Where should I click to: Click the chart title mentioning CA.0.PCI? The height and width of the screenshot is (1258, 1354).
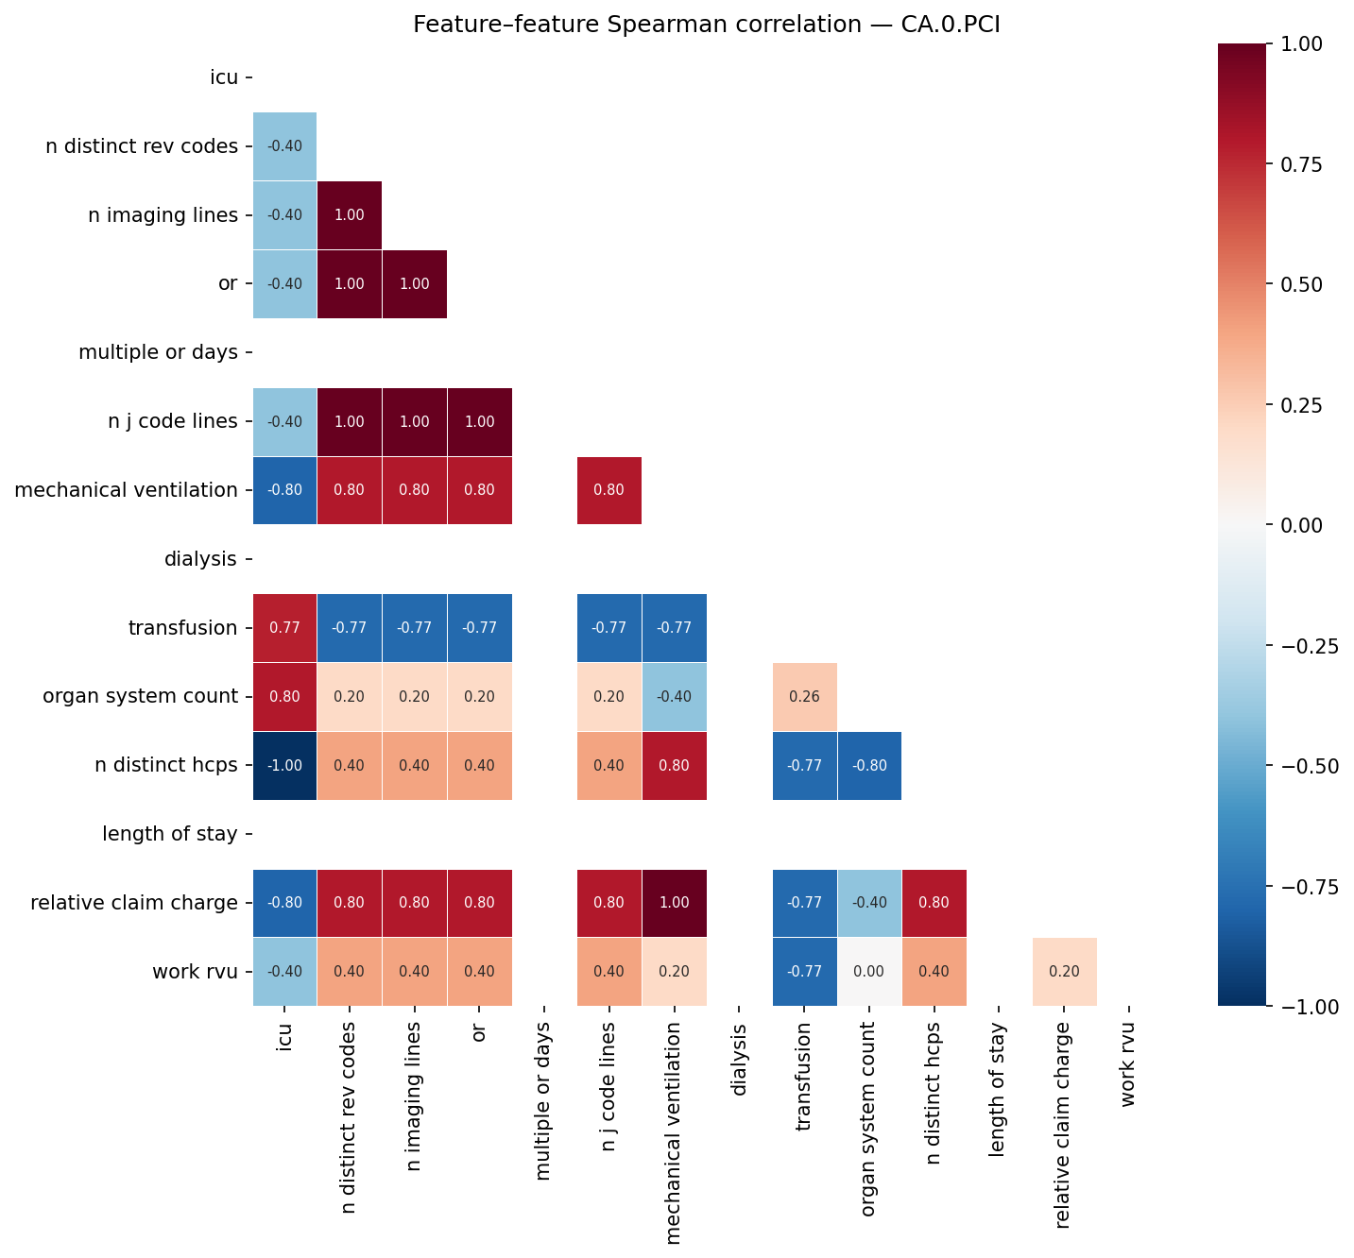706,25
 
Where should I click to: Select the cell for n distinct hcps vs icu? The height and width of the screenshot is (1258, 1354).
284,765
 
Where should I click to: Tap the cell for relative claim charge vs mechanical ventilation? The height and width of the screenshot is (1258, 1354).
675,903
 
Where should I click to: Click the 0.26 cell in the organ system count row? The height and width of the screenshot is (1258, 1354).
804,697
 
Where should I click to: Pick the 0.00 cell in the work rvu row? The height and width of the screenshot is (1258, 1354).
869,972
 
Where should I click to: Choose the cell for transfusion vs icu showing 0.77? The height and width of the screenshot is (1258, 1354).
284,628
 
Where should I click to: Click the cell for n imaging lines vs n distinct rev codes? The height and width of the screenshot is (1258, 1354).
350,215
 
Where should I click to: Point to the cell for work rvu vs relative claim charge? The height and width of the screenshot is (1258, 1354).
1064,972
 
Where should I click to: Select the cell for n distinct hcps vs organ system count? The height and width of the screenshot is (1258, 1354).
869,765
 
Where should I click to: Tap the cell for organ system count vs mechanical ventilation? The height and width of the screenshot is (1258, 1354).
675,697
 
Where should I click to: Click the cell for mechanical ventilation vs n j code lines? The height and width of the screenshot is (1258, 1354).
609,490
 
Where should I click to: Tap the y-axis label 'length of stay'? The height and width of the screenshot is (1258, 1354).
170,834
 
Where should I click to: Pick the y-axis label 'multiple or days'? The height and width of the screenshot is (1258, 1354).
158,352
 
